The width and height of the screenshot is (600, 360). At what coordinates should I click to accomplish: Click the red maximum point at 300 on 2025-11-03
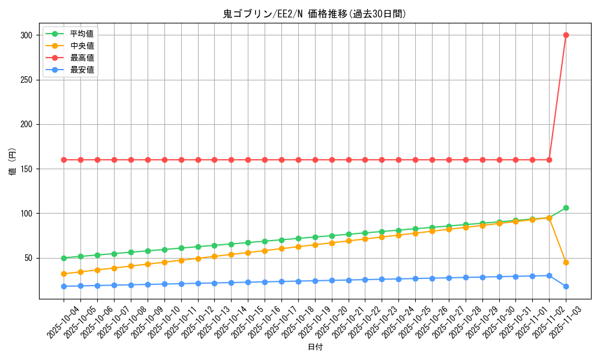(566, 35)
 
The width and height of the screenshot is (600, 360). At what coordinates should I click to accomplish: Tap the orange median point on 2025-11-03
(566, 262)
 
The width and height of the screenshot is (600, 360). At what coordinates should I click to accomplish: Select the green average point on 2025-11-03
(566, 208)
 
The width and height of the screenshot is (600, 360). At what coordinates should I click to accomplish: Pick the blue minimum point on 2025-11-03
(566, 286)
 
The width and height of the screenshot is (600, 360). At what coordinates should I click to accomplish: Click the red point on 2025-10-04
(64, 160)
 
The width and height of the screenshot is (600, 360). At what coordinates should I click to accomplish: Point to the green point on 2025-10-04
(64, 258)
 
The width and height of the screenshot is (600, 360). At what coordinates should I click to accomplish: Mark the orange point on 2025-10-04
(64, 274)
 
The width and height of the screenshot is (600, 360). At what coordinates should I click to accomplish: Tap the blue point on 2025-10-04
(64, 286)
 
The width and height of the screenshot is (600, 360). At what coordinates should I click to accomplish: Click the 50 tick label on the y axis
(28, 258)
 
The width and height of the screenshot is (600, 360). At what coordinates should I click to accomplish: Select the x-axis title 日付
(314, 347)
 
